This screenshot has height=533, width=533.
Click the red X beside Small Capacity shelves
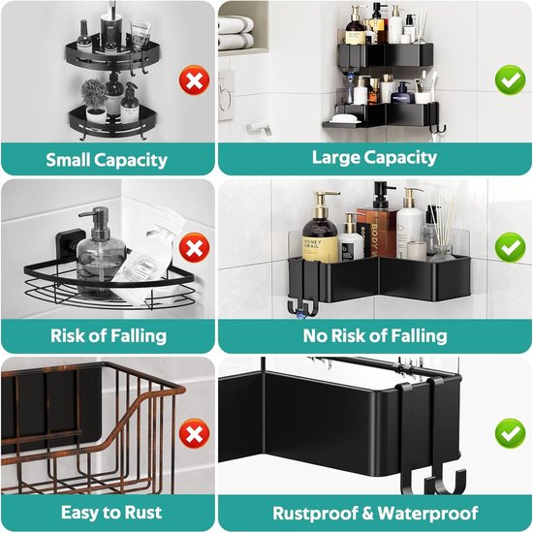pos(194,80)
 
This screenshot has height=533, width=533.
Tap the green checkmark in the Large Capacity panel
pos(510,80)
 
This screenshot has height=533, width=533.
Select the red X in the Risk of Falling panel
pos(194,247)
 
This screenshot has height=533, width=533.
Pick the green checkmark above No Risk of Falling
pos(510,247)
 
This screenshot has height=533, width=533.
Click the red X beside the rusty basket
pos(194,433)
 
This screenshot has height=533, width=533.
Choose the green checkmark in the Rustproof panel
pos(510,433)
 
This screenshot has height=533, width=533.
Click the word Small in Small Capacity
pos(68,160)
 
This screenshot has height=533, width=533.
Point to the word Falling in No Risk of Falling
pos(419,336)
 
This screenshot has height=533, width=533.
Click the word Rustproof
pos(316,514)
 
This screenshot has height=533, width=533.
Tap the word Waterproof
pos(427,514)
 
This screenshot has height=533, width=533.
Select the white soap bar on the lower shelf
pos(345,119)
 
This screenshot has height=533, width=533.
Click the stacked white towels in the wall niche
pos(235,33)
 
